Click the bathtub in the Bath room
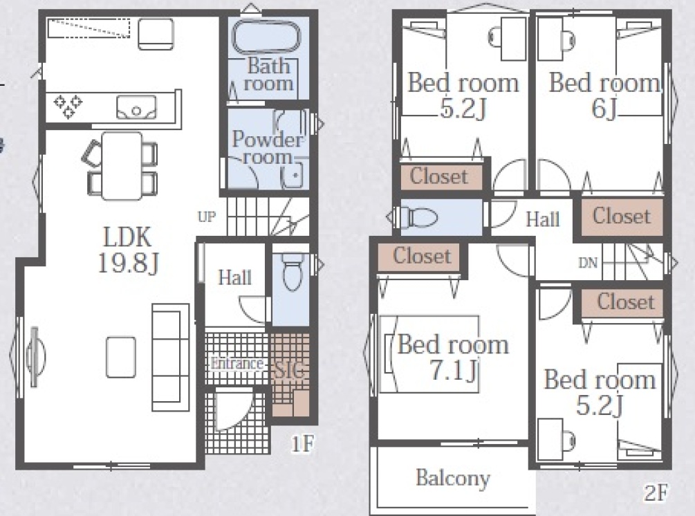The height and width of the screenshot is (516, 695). (266, 37)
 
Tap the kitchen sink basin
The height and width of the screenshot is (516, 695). (136, 107)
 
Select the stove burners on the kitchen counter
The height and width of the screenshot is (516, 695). (68, 107)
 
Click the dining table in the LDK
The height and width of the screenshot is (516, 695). (122, 166)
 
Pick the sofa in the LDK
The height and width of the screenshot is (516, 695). (171, 358)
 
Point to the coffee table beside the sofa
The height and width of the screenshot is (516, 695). (121, 358)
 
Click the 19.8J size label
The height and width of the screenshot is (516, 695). (128, 264)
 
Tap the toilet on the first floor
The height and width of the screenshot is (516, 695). (293, 271)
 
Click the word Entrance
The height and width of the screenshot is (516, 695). (237, 364)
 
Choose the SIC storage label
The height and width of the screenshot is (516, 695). (290, 370)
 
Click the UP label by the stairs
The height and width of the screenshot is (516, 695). (207, 216)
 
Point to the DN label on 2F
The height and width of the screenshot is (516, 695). (589, 263)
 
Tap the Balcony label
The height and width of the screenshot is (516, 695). (453, 478)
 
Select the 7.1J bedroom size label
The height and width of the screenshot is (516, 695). (454, 371)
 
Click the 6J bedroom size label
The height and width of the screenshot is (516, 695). (604, 108)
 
